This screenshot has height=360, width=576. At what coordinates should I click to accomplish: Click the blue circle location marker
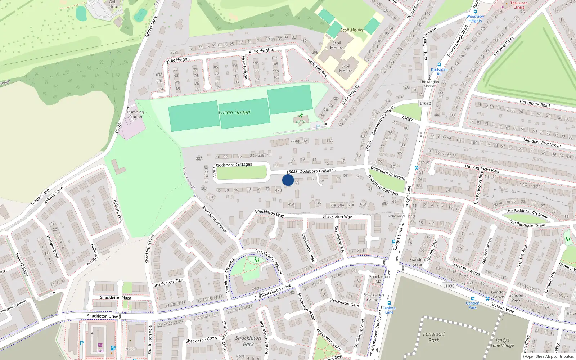pos(288,180)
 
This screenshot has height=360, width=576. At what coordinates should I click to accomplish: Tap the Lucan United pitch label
pos(234,112)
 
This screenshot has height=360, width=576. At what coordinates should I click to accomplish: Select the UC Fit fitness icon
pos(301,116)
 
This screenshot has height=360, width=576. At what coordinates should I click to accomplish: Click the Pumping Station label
pos(135,114)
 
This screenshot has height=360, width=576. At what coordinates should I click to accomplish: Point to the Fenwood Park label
pos(434,337)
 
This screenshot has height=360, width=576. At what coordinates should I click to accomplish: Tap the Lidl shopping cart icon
pos(100,345)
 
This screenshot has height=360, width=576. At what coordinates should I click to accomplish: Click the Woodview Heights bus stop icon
pos(475,12)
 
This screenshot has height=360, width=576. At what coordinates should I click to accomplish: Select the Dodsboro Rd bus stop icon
pos(439,65)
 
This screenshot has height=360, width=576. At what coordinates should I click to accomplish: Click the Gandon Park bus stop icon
pos(473,298)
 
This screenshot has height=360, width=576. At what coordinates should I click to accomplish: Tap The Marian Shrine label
pos(429,84)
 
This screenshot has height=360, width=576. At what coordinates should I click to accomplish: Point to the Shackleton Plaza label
pos(116,298)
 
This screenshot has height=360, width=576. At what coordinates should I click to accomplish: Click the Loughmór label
pos(300,141)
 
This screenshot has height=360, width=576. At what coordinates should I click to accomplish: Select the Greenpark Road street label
pos(535,104)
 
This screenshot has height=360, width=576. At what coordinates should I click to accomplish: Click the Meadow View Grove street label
pos(542,143)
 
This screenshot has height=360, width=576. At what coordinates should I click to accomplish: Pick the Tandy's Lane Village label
pos(502,343)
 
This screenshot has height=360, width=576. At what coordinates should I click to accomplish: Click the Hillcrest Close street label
pos(504,46)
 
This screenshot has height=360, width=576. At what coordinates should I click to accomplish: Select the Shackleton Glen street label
pos(168,283)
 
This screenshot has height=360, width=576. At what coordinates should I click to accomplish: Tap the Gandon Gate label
pos(418,262)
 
